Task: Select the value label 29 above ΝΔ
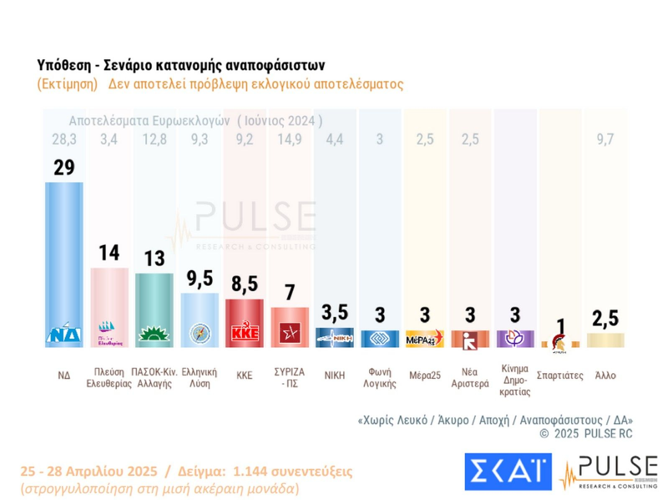pos(64,168)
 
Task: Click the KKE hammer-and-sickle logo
pos(245,332)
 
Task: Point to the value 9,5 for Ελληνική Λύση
pos(199,278)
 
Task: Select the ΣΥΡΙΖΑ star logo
pos(290,334)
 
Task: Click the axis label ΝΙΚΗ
pos(334,375)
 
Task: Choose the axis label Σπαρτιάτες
pos(560,375)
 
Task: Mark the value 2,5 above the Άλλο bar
pos(605,319)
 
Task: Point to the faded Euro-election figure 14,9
pos(289,139)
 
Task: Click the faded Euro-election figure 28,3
pos(64,139)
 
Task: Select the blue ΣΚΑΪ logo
pos(508,472)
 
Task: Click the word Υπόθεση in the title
pos(64,66)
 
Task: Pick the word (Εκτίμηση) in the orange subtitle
pos(67,84)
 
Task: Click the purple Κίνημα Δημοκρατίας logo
pos(515,338)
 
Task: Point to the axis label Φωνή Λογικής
pos(380,378)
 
